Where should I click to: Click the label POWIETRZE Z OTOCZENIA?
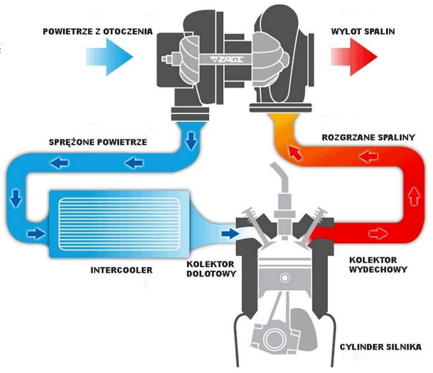coord(96,31)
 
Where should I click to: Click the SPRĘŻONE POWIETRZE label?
coord(98,142)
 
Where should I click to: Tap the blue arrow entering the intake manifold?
coord(229,233)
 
